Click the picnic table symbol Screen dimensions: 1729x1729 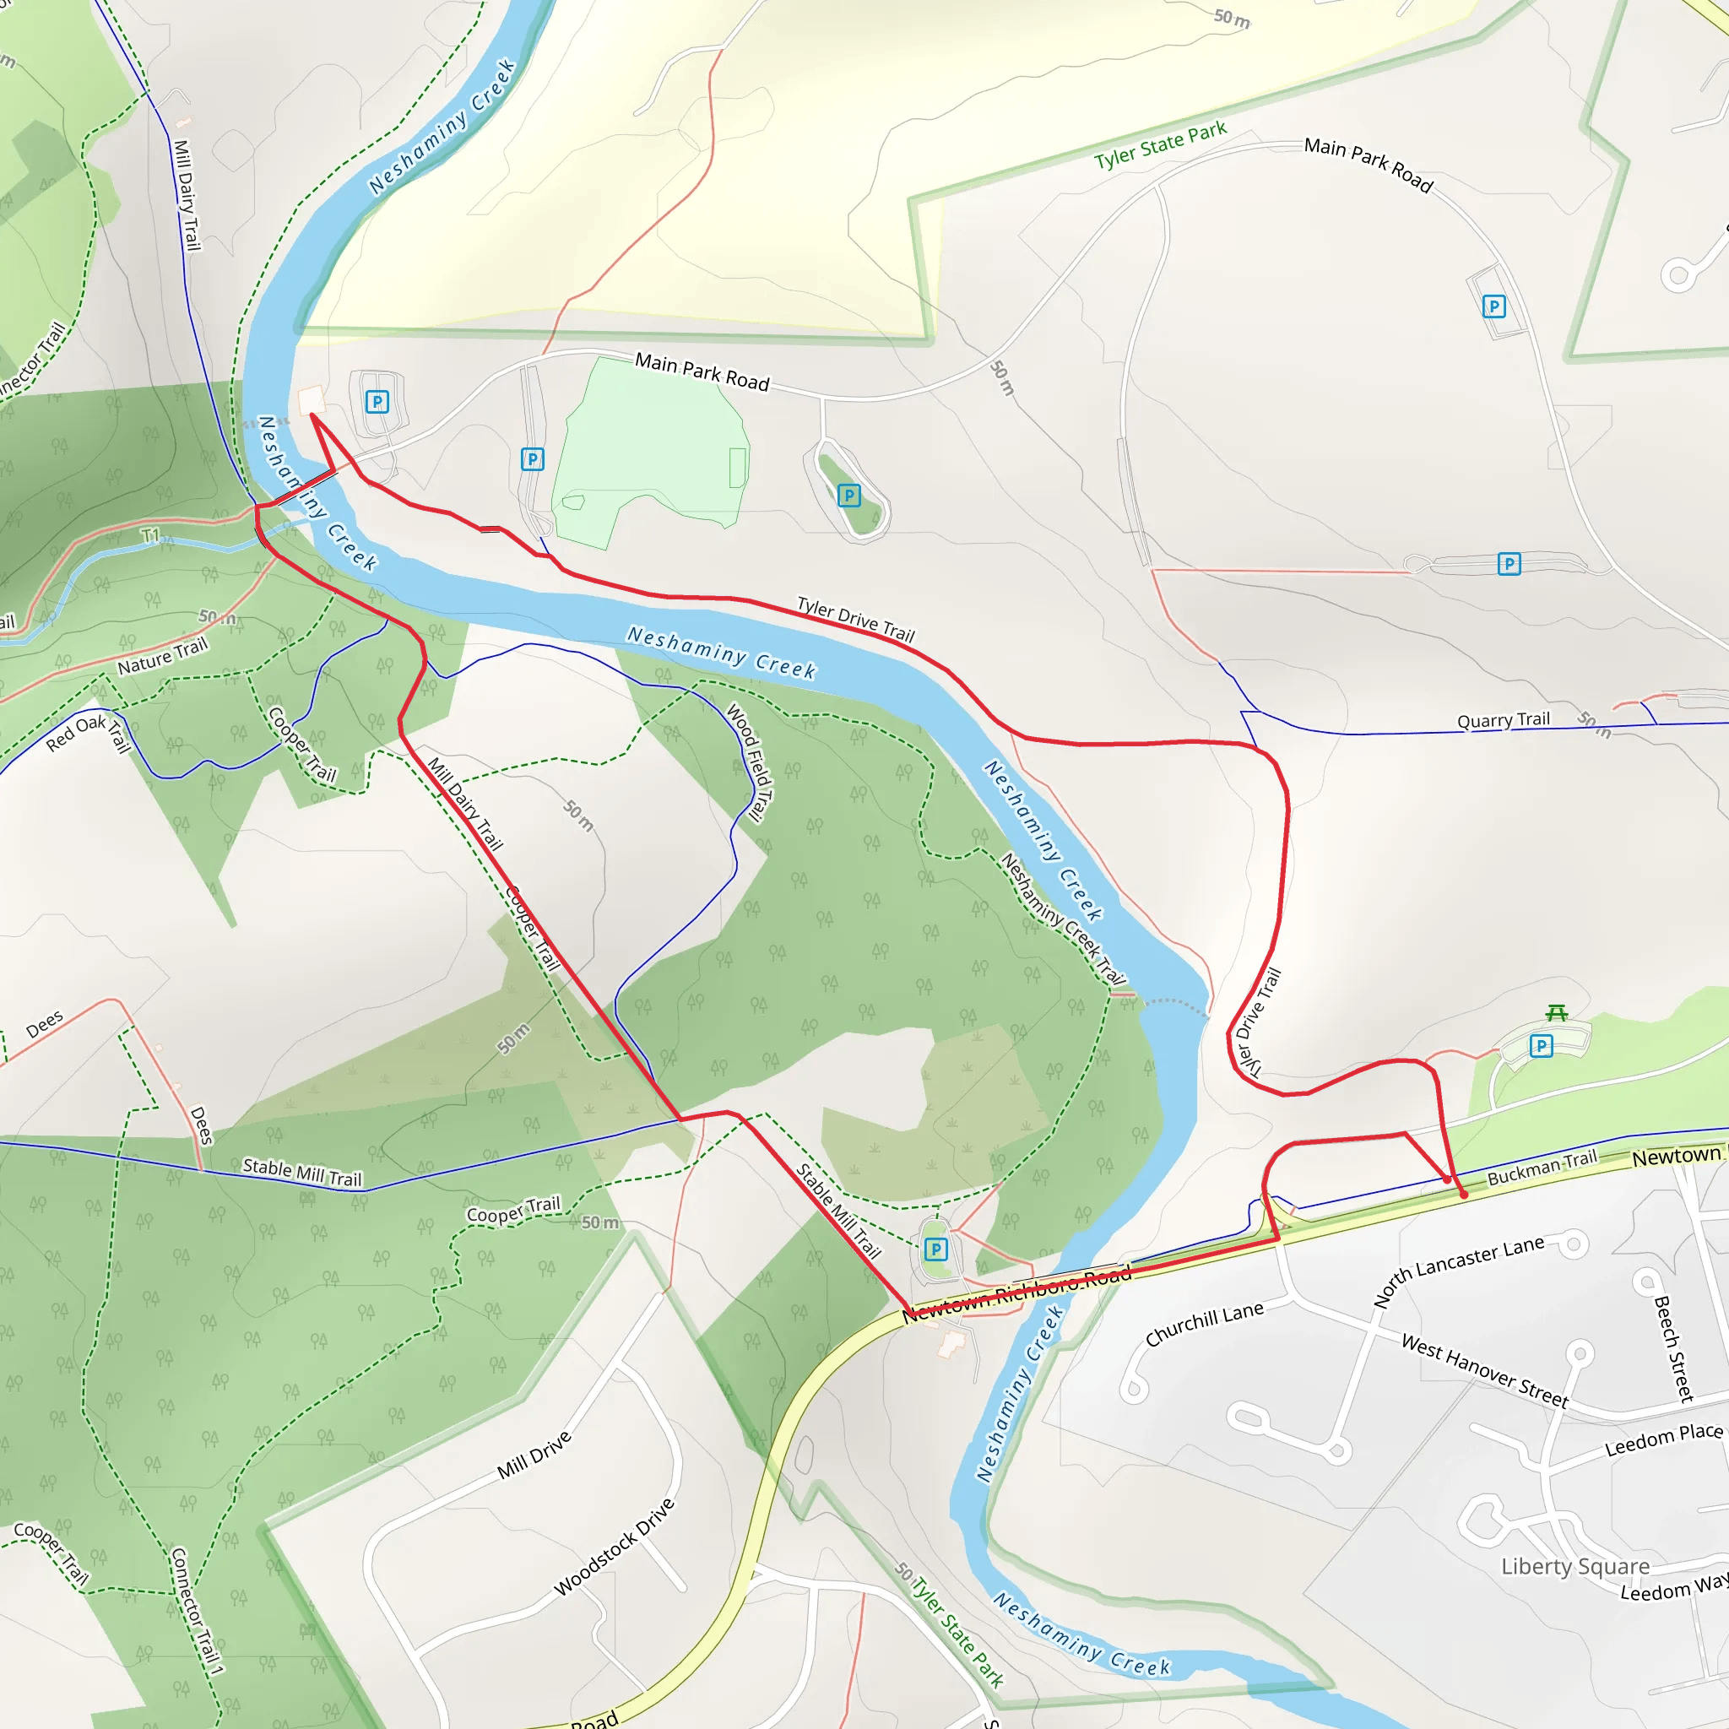coord(1556,1013)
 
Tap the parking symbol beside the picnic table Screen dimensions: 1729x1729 coord(1541,1045)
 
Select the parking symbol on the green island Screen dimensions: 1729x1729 coord(849,495)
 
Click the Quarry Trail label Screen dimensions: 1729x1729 coord(1503,720)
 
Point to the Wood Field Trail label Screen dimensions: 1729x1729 coord(748,762)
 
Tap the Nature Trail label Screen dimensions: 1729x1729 coord(162,656)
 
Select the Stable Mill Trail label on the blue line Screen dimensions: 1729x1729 coord(302,1173)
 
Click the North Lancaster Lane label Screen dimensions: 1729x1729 coord(1459,1271)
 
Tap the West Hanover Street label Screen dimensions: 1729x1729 coord(1485,1370)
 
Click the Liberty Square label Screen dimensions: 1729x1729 coord(1575,1566)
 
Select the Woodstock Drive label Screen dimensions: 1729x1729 coord(614,1547)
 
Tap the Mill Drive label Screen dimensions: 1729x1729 coord(534,1455)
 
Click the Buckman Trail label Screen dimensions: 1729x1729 coord(1542,1168)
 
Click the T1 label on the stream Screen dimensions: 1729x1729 coord(150,535)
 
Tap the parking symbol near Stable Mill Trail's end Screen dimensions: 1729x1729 coord(935,1249)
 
